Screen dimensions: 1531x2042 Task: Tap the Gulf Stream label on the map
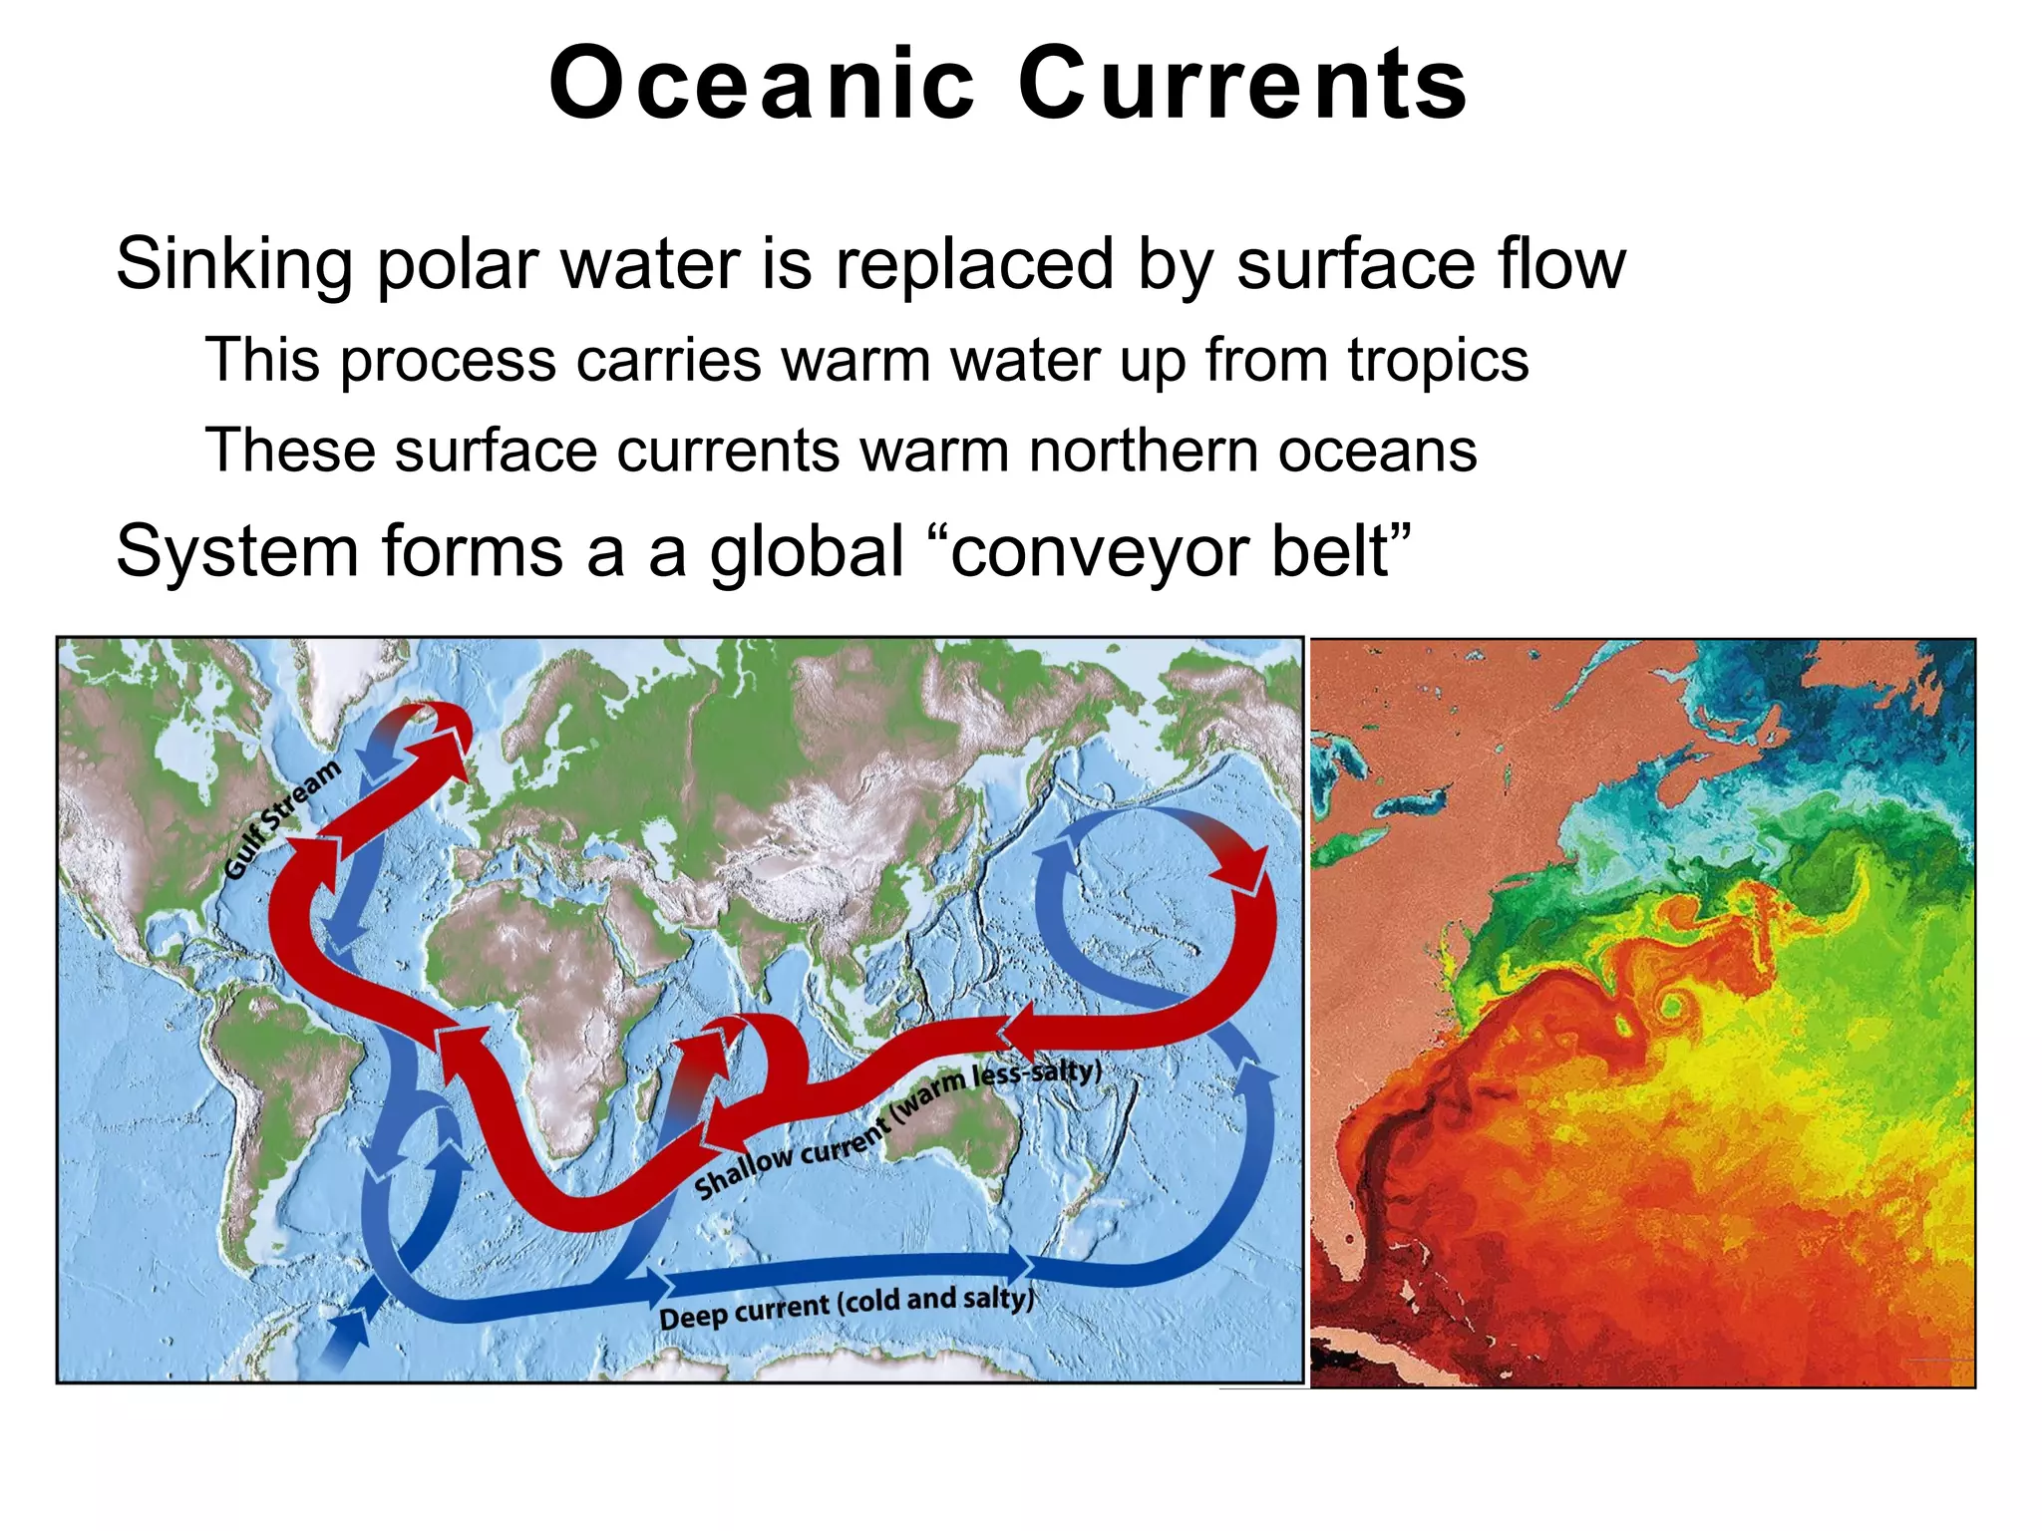(281, 819)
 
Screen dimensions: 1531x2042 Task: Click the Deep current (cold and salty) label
(846, 1306)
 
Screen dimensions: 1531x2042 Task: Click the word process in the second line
(448, 361)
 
